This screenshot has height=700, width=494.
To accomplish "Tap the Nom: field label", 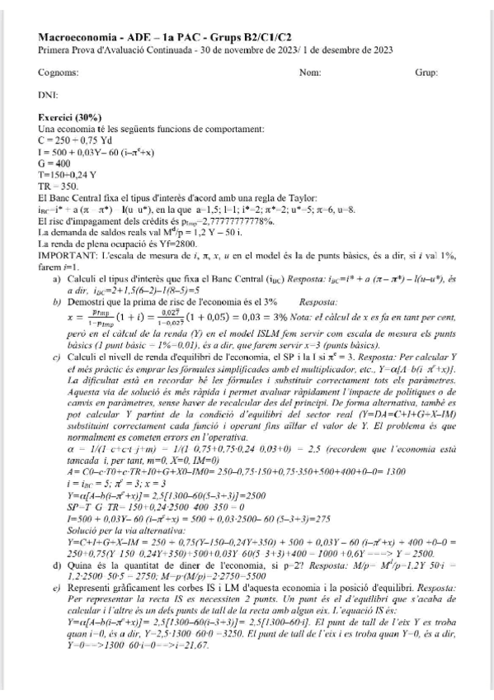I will coord(310,73).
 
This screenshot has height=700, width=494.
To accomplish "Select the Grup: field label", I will coord(426,73).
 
